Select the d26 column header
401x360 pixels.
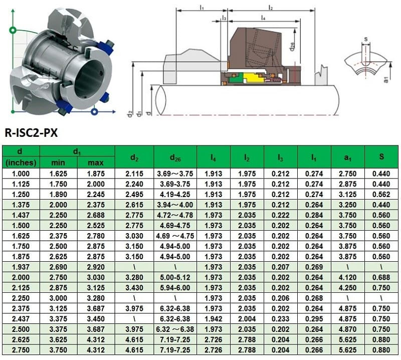[175, 157]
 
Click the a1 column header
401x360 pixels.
[348, 157]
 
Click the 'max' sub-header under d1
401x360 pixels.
[95, 163]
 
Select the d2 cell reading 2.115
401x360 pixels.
[134, 173]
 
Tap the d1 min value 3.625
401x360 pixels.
[59, 339]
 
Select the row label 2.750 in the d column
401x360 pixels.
[21, 350]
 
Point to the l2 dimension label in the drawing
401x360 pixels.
[270, 7]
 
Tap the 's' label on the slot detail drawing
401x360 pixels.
[366, 38]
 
